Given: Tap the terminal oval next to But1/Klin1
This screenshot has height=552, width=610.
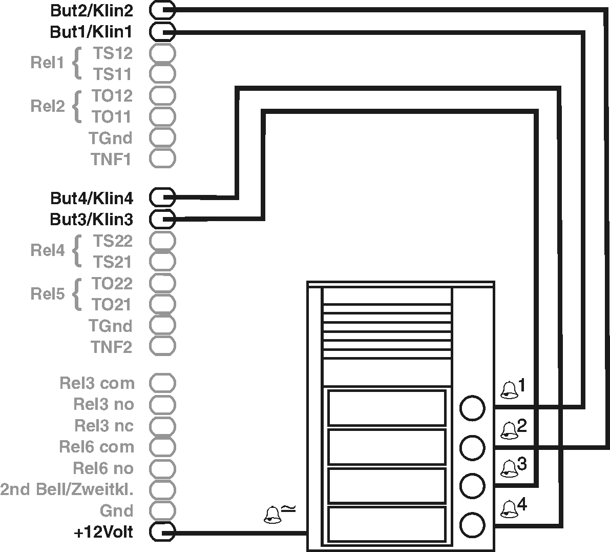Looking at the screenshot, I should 162,32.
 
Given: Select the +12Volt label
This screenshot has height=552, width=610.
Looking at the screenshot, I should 103,533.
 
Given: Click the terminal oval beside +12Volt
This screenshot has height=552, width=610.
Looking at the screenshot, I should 162,533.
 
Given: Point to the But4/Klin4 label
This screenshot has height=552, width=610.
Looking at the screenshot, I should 91,198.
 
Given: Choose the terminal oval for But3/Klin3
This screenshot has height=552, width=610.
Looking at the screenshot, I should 162,219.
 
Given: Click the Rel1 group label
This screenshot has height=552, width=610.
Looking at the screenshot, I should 47,63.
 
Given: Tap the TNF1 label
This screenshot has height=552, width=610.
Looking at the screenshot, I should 111,160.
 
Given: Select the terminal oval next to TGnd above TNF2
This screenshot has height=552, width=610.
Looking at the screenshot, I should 162,325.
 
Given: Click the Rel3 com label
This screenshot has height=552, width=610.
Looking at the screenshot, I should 97,383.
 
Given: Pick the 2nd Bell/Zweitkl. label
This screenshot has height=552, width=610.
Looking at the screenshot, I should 67,489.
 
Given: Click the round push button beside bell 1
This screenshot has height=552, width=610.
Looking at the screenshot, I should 472,408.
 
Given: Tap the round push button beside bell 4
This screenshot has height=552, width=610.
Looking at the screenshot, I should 472,524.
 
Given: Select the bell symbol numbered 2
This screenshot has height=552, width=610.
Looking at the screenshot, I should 509,430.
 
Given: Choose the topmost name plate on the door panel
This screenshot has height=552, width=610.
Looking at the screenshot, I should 387,408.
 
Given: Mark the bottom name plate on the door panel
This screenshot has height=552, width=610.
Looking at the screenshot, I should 387,524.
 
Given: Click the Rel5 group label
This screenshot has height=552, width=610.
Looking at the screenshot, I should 47,294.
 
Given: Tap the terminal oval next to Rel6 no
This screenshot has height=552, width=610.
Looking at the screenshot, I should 162,468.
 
